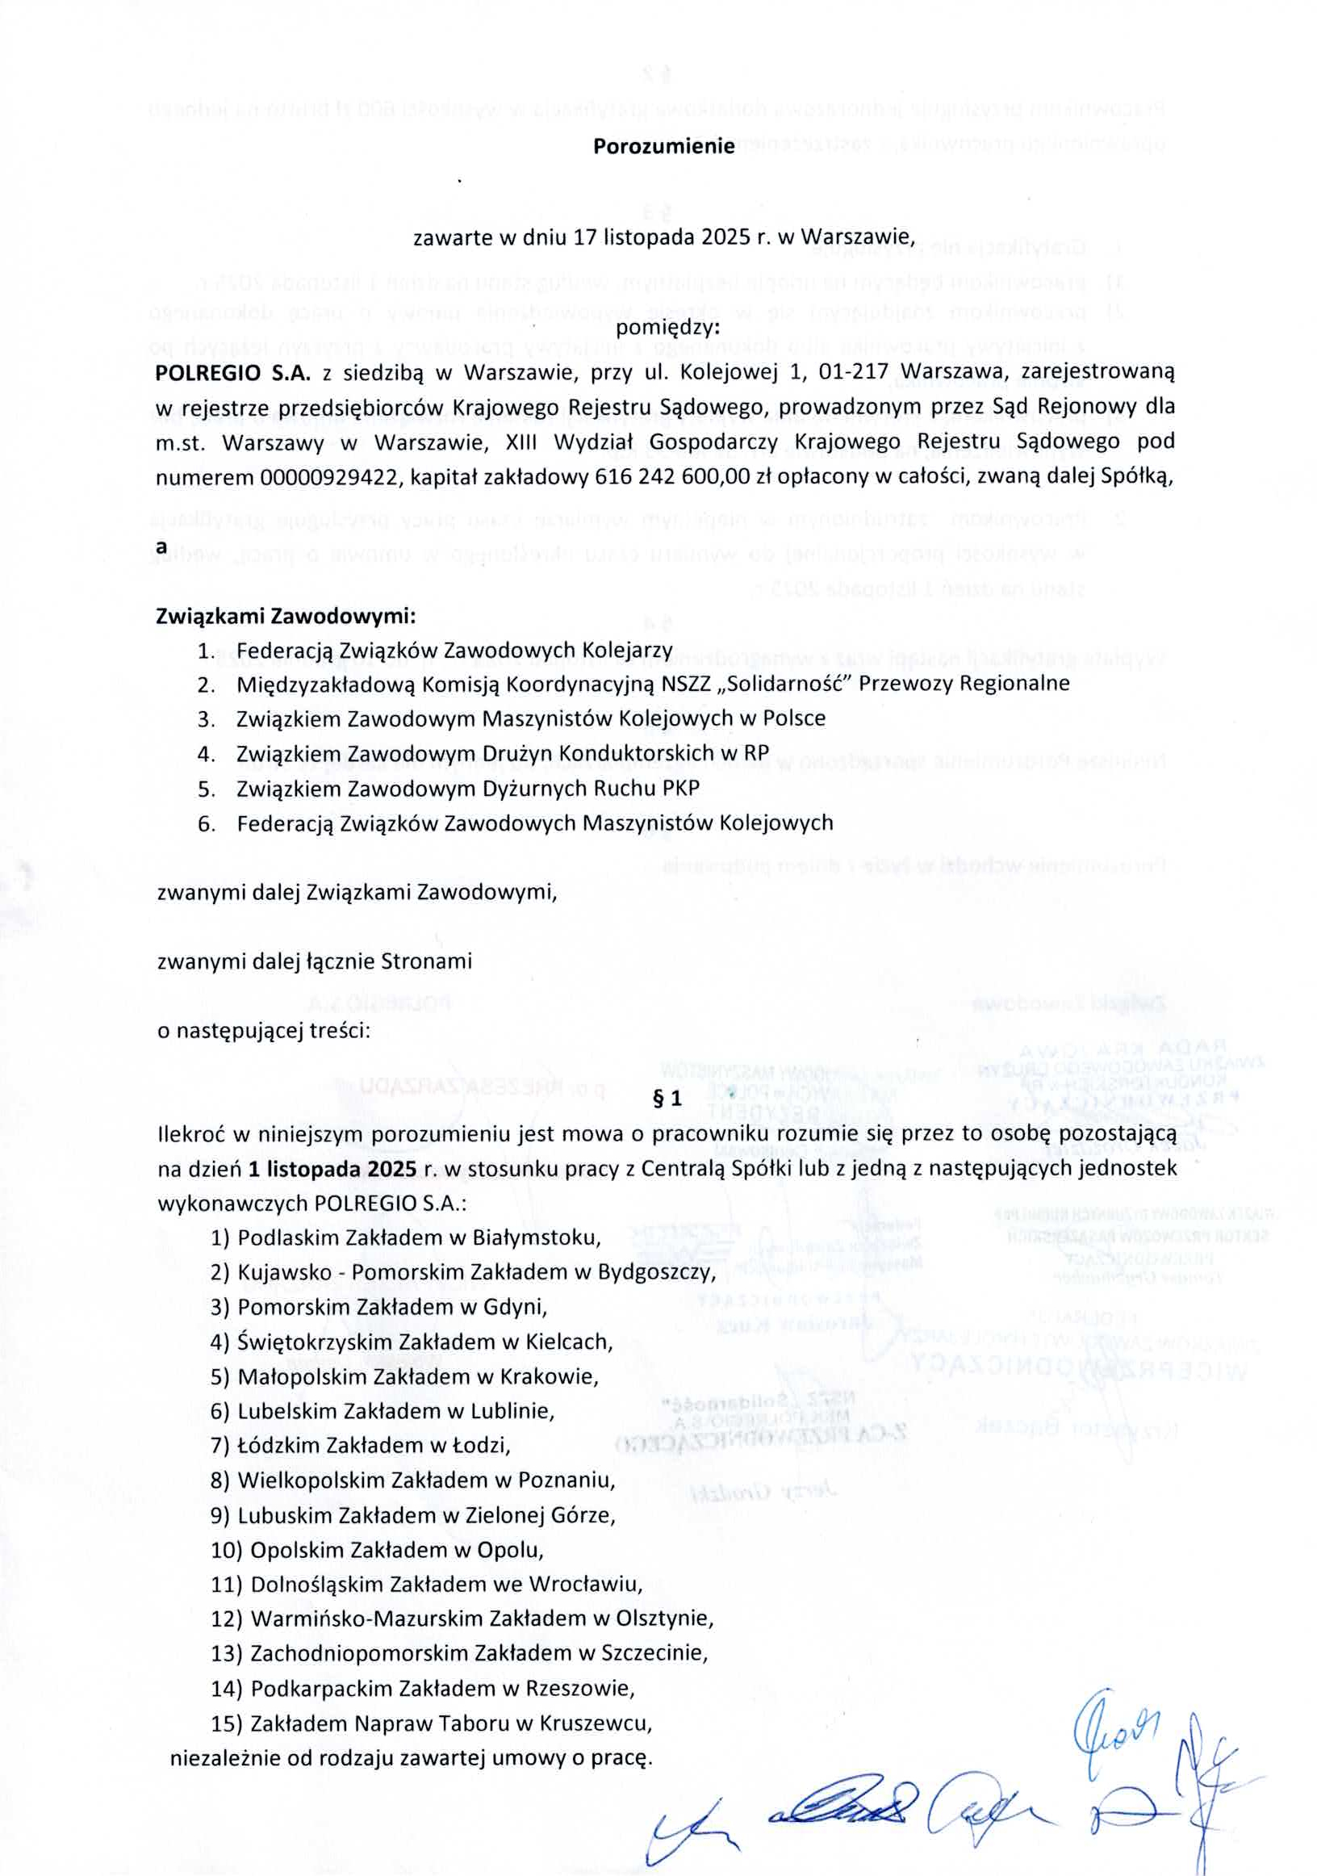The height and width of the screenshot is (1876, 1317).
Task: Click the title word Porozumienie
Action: (663, 147)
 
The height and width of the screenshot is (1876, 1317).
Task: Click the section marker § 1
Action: (667, 1099)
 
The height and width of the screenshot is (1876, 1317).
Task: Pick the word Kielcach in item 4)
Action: (571, 1342)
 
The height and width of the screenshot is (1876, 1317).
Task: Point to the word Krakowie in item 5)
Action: (558, 1378)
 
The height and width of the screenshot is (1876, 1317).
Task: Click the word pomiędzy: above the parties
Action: (667, 329)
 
